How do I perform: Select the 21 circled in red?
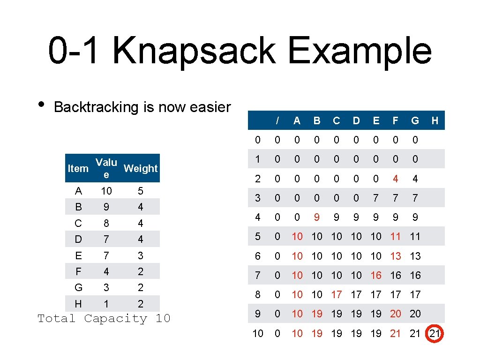pos(435,333)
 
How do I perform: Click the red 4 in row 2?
pos(396,179)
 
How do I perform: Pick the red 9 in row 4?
pos(317,217)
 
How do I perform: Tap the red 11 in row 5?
pos(396,237)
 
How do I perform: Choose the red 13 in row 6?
pos(396,256)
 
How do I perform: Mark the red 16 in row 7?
pos(376,275)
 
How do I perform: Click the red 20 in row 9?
pos(396,314)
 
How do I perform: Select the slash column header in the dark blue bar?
pos(277,120)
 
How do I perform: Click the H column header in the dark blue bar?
pos(435,120)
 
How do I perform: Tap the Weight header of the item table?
pos(141,168)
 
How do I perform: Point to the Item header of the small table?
pos(78,168)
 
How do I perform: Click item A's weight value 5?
pos(141,191)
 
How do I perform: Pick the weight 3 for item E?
pos(141,255)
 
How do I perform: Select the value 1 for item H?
pos(106,304)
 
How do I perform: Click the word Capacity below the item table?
pos(115,319)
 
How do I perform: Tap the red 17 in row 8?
pos(337,294)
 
